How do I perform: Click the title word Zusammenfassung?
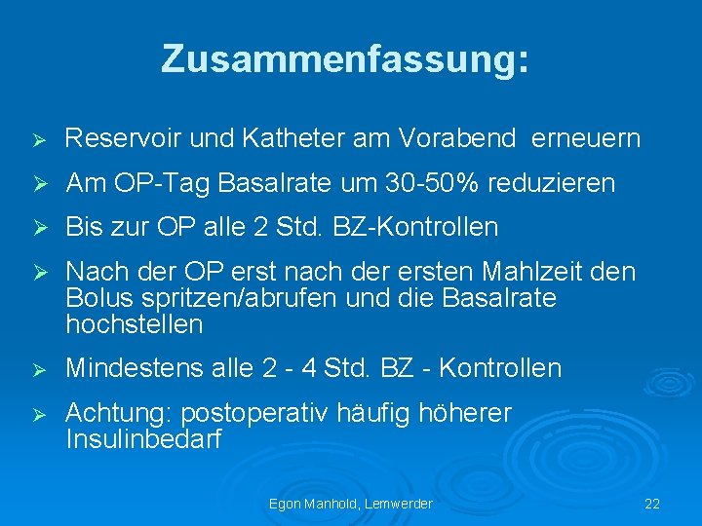345,58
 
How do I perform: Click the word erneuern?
586,139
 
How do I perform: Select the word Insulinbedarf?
143,439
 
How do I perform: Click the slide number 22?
652,504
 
